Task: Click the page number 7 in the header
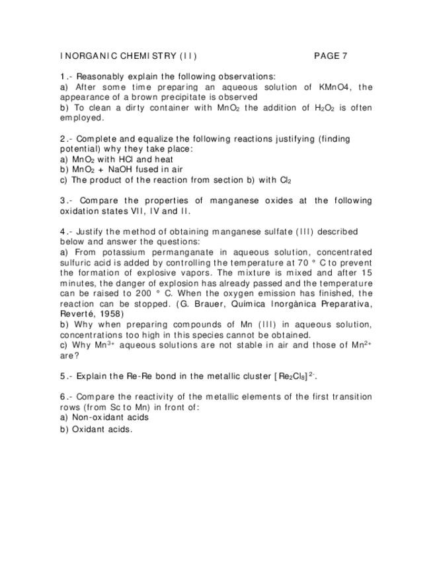point(344,56)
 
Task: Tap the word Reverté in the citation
point(76,314)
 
